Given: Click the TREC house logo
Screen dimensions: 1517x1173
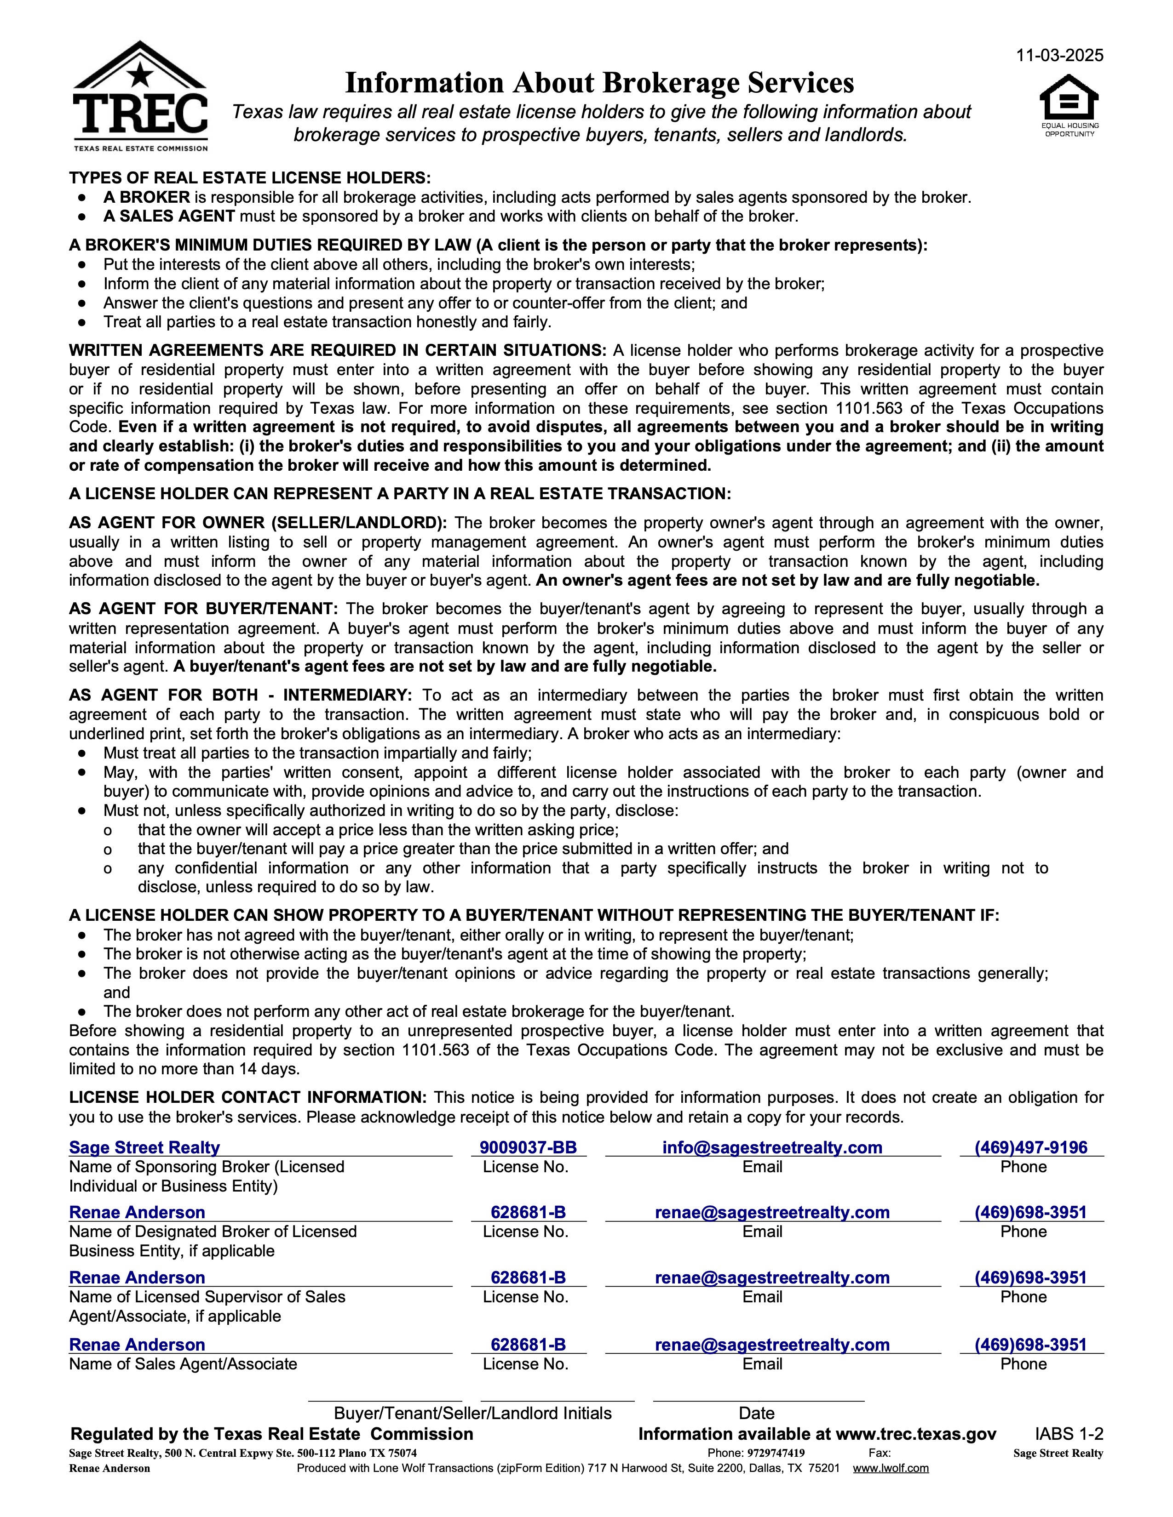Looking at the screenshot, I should coord(140,96).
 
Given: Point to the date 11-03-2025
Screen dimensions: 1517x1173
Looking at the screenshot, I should coord(1059,56).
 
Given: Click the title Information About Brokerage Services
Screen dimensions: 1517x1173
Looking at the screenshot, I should coord(599,83).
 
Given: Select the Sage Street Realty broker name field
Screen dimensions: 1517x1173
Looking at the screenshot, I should coord(144,1147).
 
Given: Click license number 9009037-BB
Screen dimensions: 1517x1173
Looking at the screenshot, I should coord(528,1147).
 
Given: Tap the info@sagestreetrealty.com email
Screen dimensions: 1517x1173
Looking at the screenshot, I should coord(772,1147).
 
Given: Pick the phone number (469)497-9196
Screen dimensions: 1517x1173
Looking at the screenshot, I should coord(1030,1147).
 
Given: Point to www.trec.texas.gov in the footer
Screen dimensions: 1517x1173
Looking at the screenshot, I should coord(916,1434).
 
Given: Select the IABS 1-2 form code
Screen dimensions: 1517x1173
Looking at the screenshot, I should coord(1069,1434).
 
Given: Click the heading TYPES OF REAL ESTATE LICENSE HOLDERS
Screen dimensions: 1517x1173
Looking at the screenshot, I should coord(249,178).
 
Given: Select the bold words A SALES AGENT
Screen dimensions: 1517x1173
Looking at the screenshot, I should coord(169,216).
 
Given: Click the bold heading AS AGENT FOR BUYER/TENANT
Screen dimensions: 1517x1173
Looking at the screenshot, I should coord(203,609).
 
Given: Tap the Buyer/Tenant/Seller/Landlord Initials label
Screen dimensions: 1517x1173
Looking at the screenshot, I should coord(472,1414).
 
